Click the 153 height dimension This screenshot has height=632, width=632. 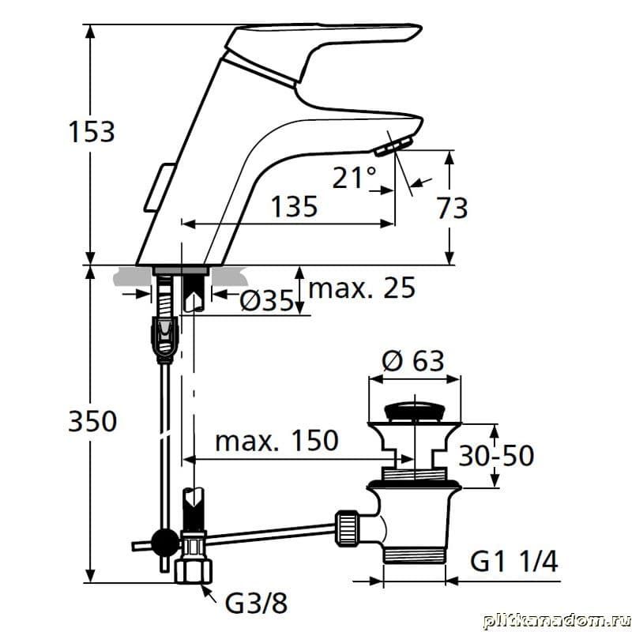(92, 131)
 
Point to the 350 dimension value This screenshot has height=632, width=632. (92, 421)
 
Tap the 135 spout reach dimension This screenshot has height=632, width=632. (294, 206)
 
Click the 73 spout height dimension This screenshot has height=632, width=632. (452, 208)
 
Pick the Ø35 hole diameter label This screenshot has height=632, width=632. (266, 300)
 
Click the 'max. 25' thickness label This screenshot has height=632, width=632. (362, 288)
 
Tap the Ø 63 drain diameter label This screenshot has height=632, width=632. (413, 360)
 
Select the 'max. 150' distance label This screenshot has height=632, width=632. (276, 440)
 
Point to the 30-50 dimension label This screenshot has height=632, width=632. (496, 456)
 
